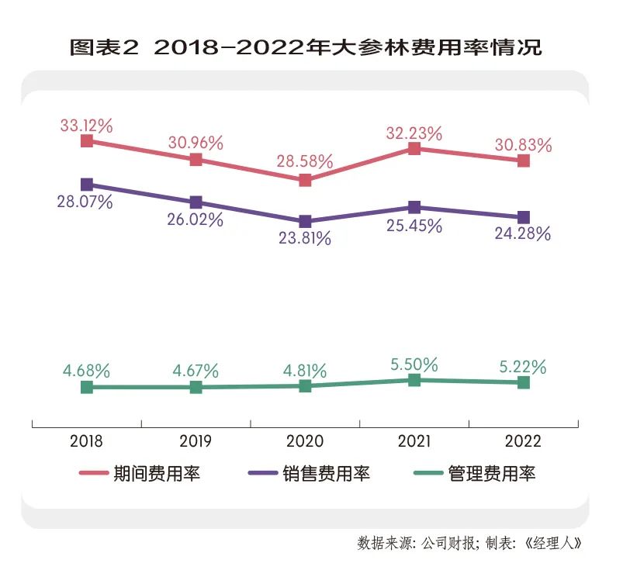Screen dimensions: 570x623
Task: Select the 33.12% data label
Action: (x=87, y=124)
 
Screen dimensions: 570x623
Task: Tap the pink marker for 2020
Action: (x=305, y=180)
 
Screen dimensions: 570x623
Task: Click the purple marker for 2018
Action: (x=87, y=185)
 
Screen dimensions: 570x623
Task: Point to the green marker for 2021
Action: (x=414, y=380)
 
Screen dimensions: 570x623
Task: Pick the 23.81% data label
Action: (x=305, y=239)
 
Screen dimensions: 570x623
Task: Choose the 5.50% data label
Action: (x=414, y=363)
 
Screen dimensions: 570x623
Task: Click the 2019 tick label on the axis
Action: (x=196, y=442)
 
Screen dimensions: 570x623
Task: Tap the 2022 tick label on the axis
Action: (x=523, y=442)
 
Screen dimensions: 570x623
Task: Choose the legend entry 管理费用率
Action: (x=492, y=473)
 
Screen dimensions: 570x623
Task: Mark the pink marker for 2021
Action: (x=414, y=149)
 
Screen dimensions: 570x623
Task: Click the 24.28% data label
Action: (x=523, y=233)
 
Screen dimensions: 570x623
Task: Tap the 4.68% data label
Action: (x=87, y=370)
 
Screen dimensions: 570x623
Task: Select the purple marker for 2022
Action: (x=523, y=217)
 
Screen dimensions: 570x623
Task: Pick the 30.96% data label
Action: (x=196, y=143)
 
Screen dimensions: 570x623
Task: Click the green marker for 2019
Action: (x=196, y=386)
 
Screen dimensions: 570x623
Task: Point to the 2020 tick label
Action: (x=305, y=442)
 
